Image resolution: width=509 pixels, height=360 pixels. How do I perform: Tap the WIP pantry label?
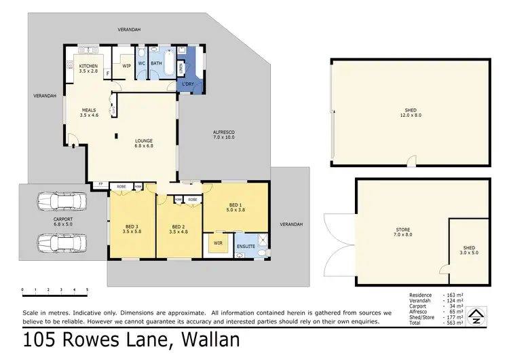point(126,66)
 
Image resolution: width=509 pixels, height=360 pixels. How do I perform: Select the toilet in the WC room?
point(141,53)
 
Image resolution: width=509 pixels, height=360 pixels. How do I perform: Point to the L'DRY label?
point(188,84)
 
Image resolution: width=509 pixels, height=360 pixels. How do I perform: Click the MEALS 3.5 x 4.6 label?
point(89,113)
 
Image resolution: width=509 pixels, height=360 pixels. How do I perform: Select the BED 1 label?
point(235,207)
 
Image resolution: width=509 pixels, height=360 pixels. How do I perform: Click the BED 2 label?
point(178,229)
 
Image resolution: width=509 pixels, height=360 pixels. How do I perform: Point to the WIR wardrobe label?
point(219,242)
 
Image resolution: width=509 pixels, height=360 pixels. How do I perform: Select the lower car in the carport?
point(58,242)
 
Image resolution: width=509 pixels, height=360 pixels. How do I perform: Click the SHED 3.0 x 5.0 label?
point(469,249)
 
